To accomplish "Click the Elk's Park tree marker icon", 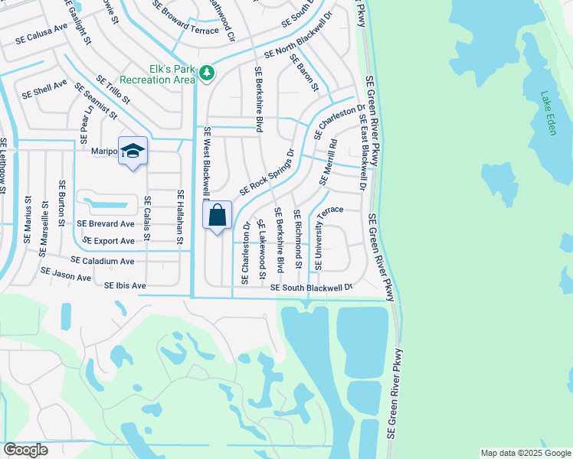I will (207, 73).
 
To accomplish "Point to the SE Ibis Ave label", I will (124, 285).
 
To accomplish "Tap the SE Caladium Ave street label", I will (103, 261).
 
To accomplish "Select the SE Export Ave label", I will (108, 241).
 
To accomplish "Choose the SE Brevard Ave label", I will (105, 223).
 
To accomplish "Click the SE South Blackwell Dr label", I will (310, 287).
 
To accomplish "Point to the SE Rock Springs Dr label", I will (267, 172).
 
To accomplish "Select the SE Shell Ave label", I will (44, 89).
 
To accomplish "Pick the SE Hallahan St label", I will (181, 217).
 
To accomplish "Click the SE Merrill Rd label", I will (327, 163).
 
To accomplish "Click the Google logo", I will (25, 450).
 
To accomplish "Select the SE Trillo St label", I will (113, 90).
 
